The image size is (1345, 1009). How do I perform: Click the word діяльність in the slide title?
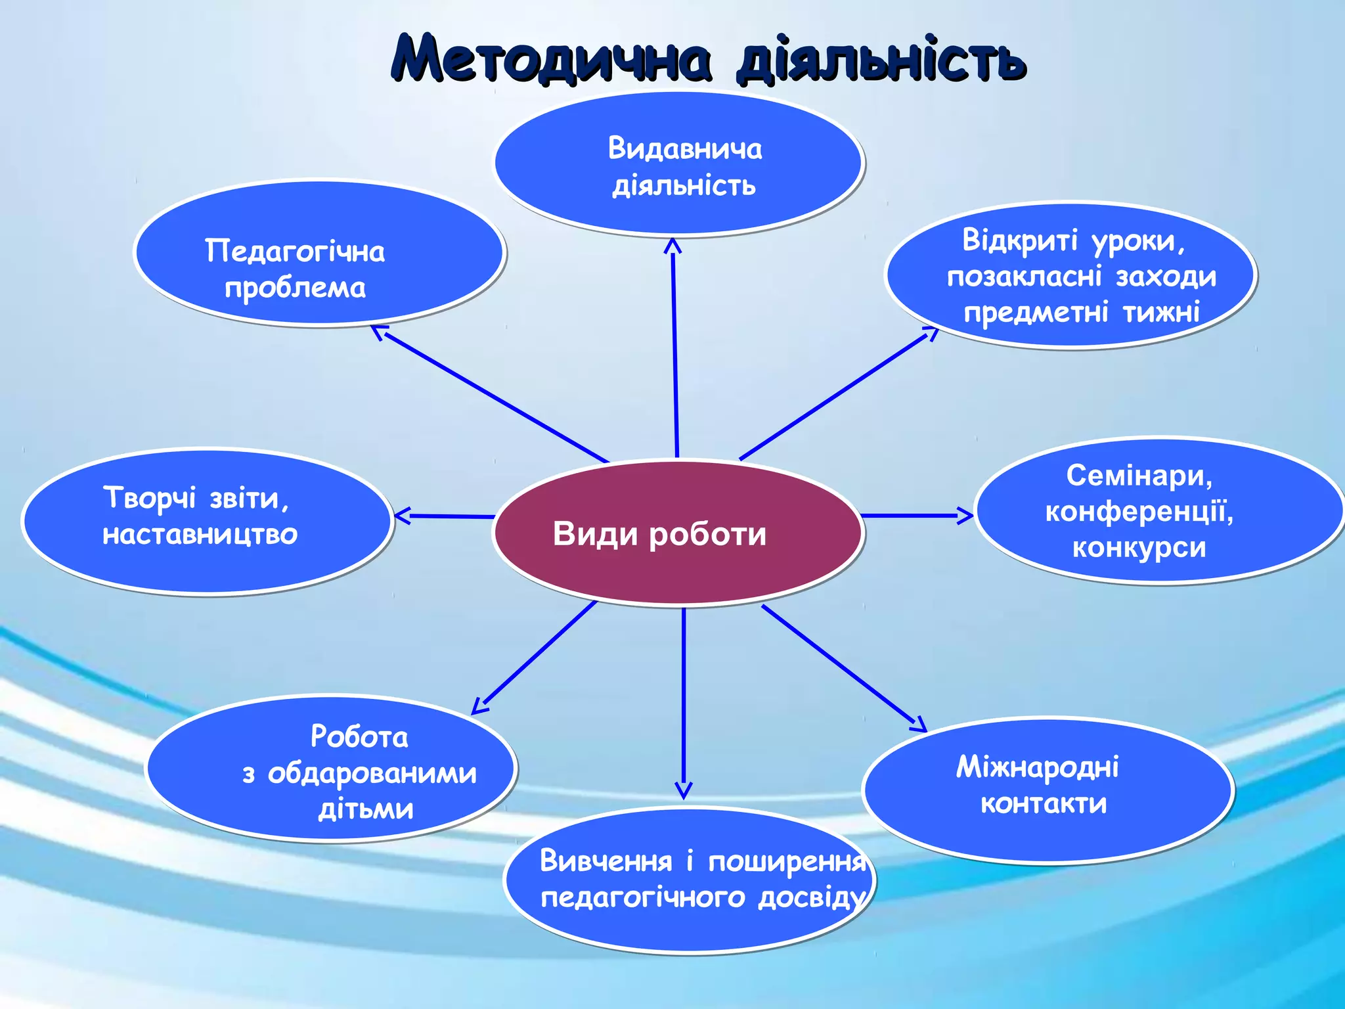[x=880, y=60]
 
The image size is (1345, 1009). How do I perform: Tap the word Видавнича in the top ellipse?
[x=684, y=149]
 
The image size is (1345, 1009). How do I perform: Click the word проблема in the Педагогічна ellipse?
[x=295, y=288]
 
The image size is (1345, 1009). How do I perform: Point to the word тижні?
[x=1161, y=312]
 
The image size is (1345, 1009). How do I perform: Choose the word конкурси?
[x=1139, y=547]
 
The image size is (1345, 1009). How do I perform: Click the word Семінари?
[x=1139, y=476]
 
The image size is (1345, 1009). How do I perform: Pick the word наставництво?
[x=200, y=534]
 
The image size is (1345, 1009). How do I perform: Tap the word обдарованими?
[x=372, y=773]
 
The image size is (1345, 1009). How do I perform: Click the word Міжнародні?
[x=1038, y=767]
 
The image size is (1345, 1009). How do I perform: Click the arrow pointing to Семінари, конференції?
[x=916, y=516]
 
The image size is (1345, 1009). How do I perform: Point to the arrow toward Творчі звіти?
[x=444, y=516]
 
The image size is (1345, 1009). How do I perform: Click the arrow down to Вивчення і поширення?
[x=684, y=703]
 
